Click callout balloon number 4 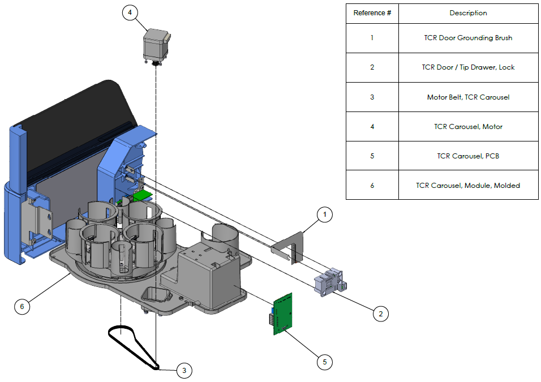[x=130, y=13]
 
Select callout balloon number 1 [x=324, y=215]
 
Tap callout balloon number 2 [x=380, y=313]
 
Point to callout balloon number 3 [x=184, y=371]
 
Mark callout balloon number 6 [x=22, y=306]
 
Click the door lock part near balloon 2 [x=329, y=281]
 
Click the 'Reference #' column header [x=372, y=13]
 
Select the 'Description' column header [x=468, y=13]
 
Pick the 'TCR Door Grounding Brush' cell [x=468, y=38]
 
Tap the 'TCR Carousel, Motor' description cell [x=468, y=126]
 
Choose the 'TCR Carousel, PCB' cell [x=468, y=156]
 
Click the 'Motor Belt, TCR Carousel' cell [x=468, y=97]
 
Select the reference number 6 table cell [x=372, y=185]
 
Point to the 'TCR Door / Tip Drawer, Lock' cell [x=468, y=67]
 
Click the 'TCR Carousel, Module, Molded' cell [x=468, y=185]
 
